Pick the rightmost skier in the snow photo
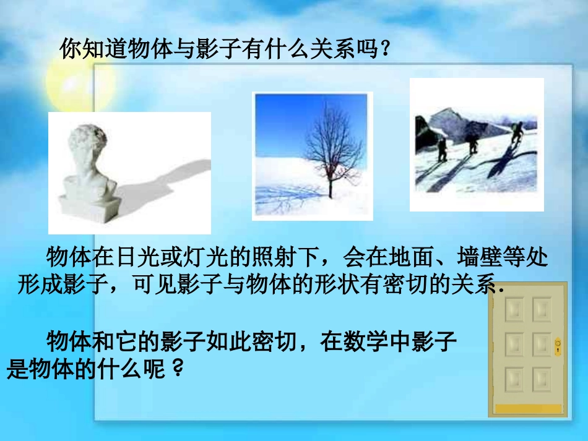point(516,134)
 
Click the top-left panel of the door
point(514,309)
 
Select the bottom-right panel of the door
point(542,379)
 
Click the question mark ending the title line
point(385,49)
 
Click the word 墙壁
point(477,257)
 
